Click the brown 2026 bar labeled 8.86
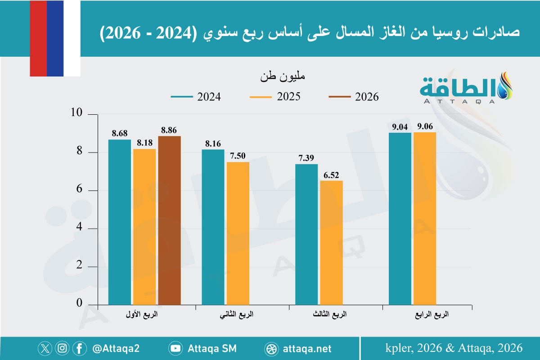(169, 220)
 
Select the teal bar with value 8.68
(120, 222)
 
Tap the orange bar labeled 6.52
(331, 243)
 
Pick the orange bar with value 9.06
(425, 219)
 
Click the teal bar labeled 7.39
(306, 234)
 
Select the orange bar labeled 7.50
(238, 233)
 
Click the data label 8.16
(213, 144)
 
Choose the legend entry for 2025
(275, 97)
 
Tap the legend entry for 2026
(354, 97)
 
